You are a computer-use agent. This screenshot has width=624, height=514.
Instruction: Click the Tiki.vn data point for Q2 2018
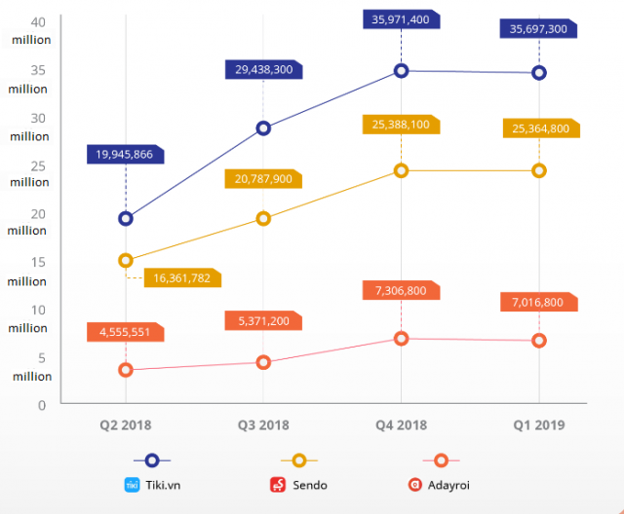[126, 218]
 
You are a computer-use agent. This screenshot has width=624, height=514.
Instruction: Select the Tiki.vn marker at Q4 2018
[401, 70]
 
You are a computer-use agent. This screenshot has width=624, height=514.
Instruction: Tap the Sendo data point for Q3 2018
[263, 218]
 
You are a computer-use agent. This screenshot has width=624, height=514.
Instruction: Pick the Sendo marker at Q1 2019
[539, 170]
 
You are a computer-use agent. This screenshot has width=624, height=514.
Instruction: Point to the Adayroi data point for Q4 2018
[401, 338]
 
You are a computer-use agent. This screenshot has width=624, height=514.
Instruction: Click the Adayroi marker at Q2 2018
[126, 370]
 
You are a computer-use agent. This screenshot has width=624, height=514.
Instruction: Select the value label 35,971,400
[401, 19]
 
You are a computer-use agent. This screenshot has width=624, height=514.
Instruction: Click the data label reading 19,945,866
[124, 154]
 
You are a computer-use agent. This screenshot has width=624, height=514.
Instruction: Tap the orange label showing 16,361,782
[182, 277]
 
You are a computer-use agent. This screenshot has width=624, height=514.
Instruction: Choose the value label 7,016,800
[537, 302]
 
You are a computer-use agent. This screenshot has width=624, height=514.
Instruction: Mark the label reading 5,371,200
[263, 321]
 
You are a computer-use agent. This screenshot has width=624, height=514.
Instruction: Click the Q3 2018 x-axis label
[263, 425]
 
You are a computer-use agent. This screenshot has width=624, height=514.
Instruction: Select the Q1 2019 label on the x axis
[537, 425]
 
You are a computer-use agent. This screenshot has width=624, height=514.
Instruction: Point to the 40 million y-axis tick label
[32, 30]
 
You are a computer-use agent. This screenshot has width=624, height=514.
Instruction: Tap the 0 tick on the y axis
[42, 404]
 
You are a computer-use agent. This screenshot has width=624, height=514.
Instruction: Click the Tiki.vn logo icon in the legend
[133, 484]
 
